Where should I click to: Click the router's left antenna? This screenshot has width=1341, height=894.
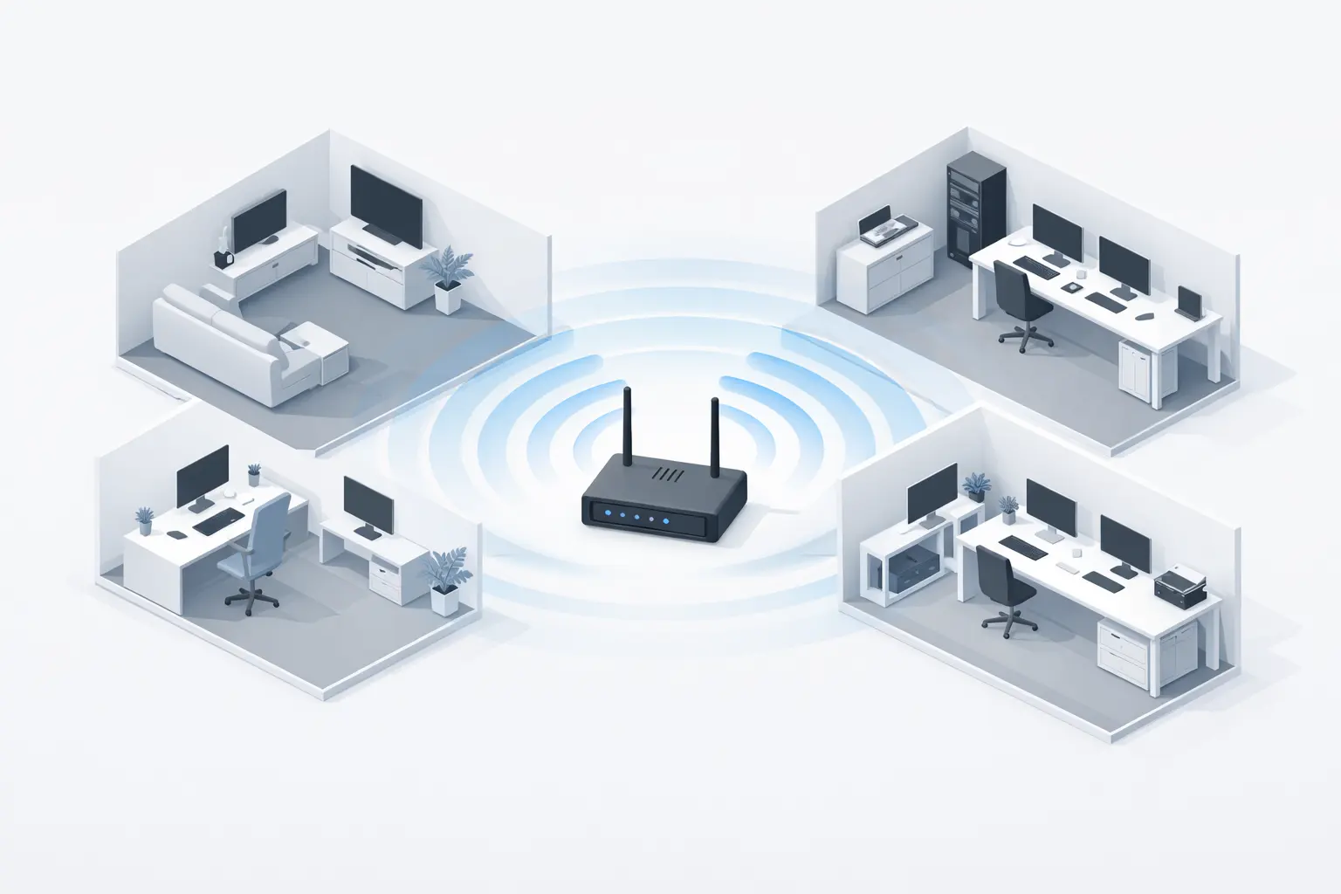pos(627,429)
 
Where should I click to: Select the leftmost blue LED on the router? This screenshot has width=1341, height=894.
pos(605,513)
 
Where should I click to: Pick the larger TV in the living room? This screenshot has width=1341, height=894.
pos(386,204)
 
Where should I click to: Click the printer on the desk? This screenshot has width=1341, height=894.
pos(1179,586)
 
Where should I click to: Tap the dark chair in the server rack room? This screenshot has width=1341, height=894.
pos(1016,301)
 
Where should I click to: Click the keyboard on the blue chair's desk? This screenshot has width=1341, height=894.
pos(217,521)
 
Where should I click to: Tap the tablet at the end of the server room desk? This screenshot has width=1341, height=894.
pos(1189,302)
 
